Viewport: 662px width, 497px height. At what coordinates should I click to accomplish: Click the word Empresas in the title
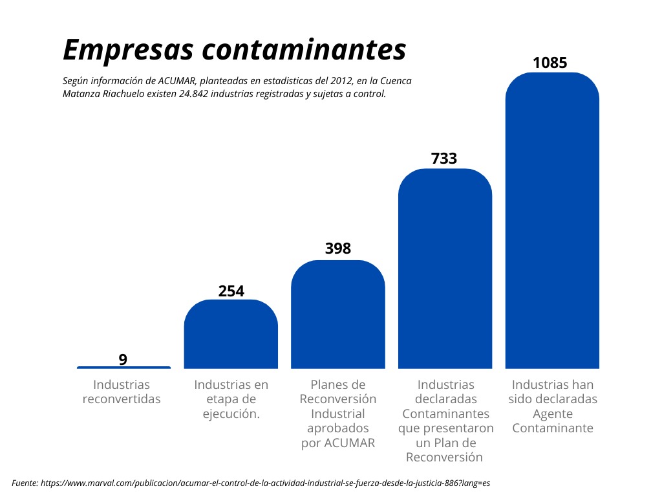point(125,50)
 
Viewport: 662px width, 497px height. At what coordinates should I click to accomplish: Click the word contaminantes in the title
point(303,50)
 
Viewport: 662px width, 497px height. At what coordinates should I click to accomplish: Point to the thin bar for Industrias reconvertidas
point(123,368)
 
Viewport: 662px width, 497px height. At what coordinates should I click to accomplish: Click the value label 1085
point(550,63)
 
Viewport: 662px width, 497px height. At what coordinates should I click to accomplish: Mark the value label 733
point(444,159)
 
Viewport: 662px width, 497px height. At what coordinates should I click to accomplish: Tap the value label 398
point(337,248)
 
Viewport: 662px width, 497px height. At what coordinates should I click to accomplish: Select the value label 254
point(231,291)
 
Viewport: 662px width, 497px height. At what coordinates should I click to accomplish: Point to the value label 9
point(123,359)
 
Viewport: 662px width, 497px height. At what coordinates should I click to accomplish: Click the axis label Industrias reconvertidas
point(122,392)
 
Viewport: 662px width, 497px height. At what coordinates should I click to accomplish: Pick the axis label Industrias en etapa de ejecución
point(231,399)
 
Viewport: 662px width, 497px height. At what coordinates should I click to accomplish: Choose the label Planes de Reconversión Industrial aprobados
point(338,414)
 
